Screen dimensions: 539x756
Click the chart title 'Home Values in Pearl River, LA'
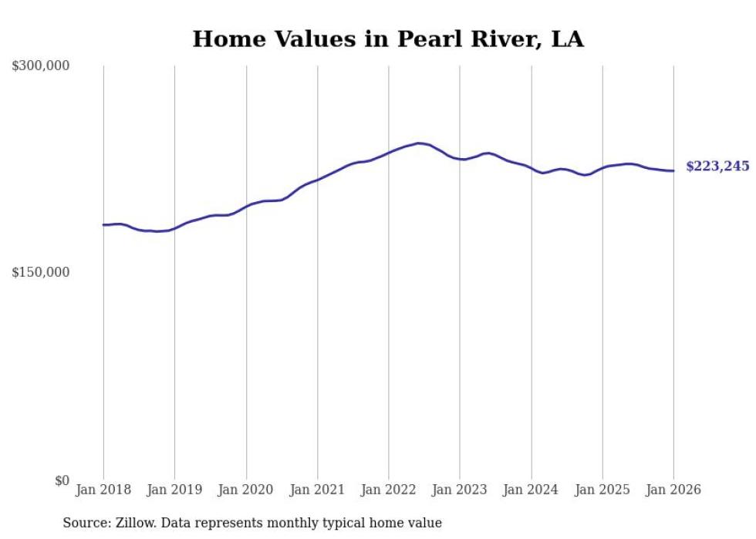coord(387,39)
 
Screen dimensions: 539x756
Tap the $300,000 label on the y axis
coord(41,66)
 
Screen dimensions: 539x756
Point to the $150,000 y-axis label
coord(41,272)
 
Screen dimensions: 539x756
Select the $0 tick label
coord(62,480)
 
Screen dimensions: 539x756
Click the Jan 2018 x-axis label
coord(103,490)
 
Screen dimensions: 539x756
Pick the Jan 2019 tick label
coord(174,490)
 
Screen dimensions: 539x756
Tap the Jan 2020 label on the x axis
coord(246,490)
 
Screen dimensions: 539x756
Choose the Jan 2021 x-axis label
coord(317,490)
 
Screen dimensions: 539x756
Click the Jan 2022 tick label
coord(389,490)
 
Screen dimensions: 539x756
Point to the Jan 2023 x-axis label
coord(460,490)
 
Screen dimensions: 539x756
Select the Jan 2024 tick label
coord(532,490)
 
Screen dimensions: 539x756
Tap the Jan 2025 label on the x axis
coord(602,490)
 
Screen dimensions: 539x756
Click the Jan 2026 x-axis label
coord(673,490)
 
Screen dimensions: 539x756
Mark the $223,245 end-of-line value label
coord(717,167)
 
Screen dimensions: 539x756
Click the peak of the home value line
coord(418,143)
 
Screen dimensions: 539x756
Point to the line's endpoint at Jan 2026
coord(673,171)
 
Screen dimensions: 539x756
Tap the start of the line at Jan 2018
coord(103,225)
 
